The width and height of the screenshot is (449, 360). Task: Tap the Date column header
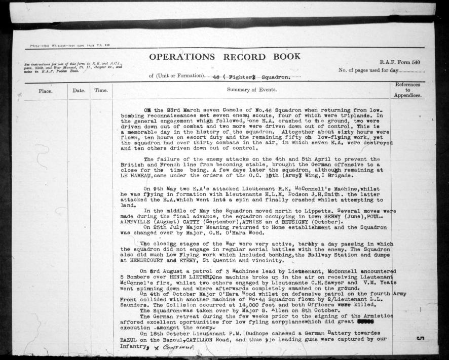[79, 90]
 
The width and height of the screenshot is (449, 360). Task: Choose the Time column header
[100, 90]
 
